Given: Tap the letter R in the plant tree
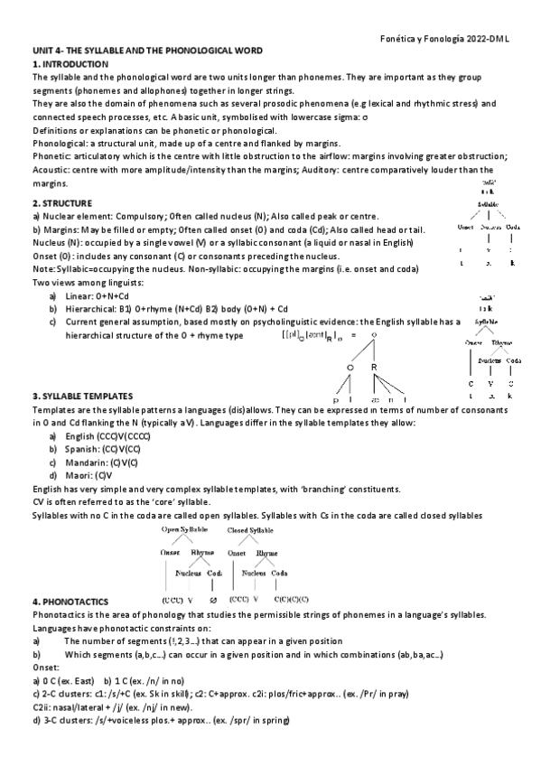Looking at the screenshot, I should (373, 367).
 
